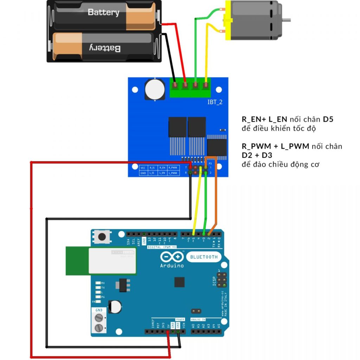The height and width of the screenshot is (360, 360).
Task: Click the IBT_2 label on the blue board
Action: pyautogui.click(x=215, y=102)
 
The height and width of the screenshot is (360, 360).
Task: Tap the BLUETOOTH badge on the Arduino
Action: pyautogui.click(x=204, y=257)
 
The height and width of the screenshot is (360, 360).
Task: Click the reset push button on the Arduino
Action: pyautogui.click(x=102, y=237)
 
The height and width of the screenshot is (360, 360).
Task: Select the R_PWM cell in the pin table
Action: pyautogui.click(x=172, y=168)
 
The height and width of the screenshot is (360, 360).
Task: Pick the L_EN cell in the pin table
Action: pyautogui.click(x=162, y=173)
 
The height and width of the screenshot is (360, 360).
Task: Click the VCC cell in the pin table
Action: pyautogui.click(x=143, y=168)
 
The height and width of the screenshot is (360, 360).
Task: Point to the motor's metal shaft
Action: pyautogui.click(x=287, y=19)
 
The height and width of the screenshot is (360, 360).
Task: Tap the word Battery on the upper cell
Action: pyautogui.click(x=103, y=12)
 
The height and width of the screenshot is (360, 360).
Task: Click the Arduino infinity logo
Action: pyautogui.click(x=172, y=257)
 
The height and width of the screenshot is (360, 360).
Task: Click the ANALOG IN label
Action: pyautogui.click(x=198, y=319)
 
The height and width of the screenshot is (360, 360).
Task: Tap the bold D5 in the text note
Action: pyautogui.click(x=328, y=120)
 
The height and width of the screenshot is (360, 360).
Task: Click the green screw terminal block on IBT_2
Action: pyautogui.click(x=190, y=88)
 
